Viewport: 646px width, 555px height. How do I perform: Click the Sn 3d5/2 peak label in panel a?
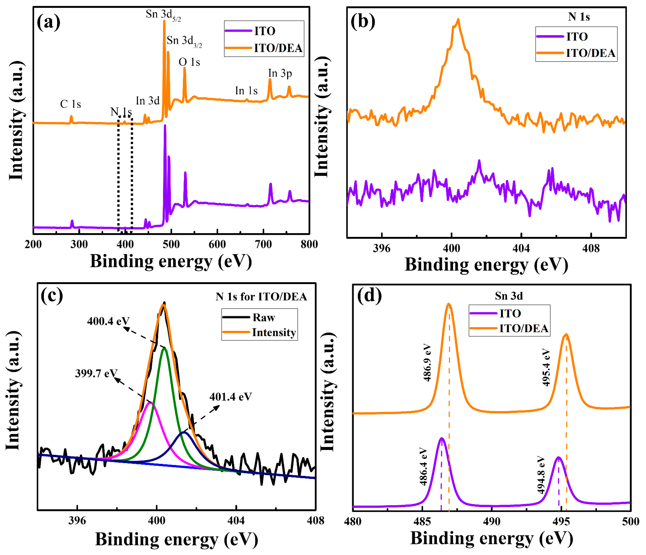[163, 15]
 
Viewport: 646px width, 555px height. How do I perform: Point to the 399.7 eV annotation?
[96, 373]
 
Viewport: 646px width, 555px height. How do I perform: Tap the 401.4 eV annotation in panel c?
[230, 397]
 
